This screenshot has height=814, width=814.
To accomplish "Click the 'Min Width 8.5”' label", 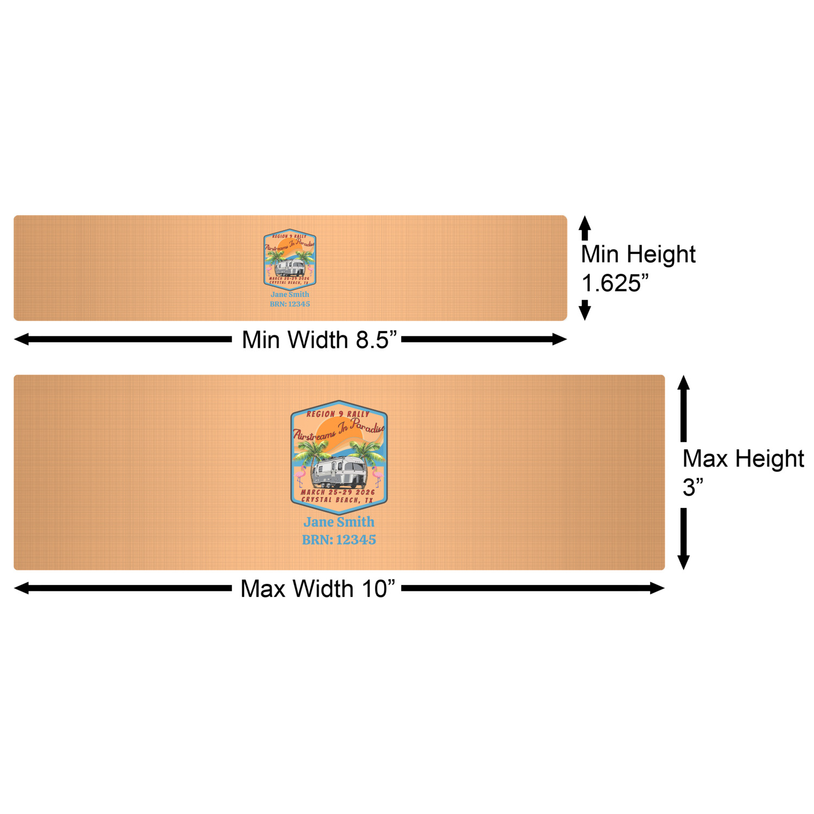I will point(319,340).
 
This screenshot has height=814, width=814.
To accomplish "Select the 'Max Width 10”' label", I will point(317,589).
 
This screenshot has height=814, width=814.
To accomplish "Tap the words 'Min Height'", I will point(638,255).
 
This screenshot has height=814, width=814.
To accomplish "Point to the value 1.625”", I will point(615,283).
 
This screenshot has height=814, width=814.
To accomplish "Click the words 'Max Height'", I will point(743,459).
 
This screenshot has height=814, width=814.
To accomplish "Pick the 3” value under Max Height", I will point(692,487).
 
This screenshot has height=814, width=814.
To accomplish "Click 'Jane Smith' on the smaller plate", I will point(290,295).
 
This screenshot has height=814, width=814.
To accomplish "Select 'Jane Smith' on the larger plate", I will point(339,522).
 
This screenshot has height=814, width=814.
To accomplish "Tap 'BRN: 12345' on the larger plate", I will point(339,540).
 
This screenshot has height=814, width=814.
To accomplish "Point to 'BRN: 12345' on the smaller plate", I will point(290,304).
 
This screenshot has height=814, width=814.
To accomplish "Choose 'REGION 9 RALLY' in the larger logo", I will point(338,414).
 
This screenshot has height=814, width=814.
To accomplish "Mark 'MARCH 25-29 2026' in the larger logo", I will point(338,492).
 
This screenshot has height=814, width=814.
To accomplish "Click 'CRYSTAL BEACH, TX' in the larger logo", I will point(338,500).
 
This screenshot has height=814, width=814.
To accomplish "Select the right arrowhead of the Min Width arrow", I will point(559,340).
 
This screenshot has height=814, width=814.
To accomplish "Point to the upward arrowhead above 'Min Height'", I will point(584,222).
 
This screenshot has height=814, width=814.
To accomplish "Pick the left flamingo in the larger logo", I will point(300,476).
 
